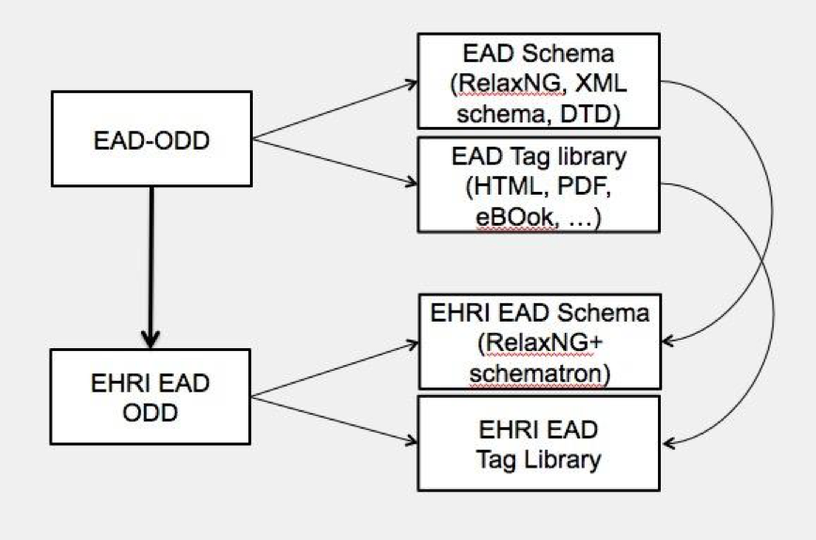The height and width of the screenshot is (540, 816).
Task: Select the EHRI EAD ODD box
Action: coord(151,396)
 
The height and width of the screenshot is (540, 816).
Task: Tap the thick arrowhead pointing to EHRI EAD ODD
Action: coord(151,337)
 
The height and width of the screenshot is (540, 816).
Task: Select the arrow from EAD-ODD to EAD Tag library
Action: coord(338,164)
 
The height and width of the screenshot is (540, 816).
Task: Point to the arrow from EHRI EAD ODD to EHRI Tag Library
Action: coord(338,419)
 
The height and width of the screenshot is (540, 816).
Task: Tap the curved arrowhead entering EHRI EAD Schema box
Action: coord(669,340)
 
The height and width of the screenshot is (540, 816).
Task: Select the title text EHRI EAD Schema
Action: coord(538,313)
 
